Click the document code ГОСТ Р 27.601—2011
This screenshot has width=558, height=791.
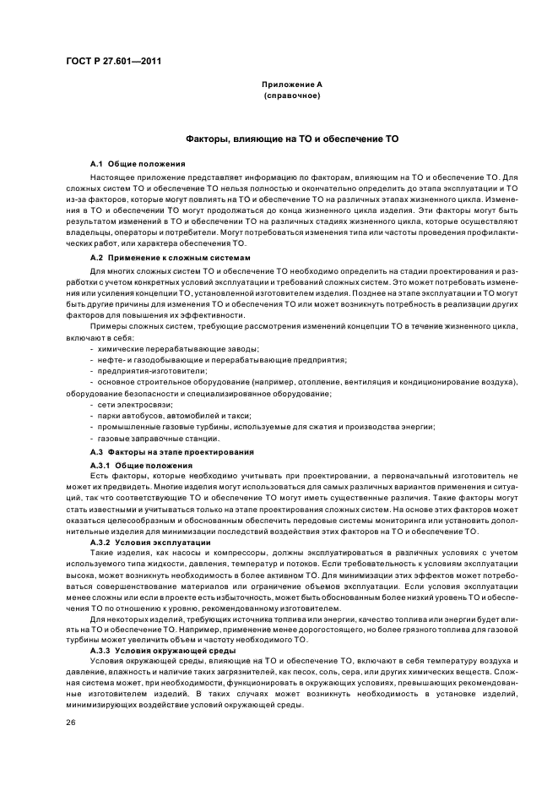click(113, 61)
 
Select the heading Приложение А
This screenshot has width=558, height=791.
click(292, 85)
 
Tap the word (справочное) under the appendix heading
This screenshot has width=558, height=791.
click(292, 95)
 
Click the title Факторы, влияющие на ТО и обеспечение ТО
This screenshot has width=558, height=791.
click(292, 138)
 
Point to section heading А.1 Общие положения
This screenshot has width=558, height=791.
click(138, 162)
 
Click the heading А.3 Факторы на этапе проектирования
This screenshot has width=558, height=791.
click(165, 451)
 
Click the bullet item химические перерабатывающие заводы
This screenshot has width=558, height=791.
click(177, 349)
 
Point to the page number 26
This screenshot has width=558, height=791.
click(72, 723)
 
